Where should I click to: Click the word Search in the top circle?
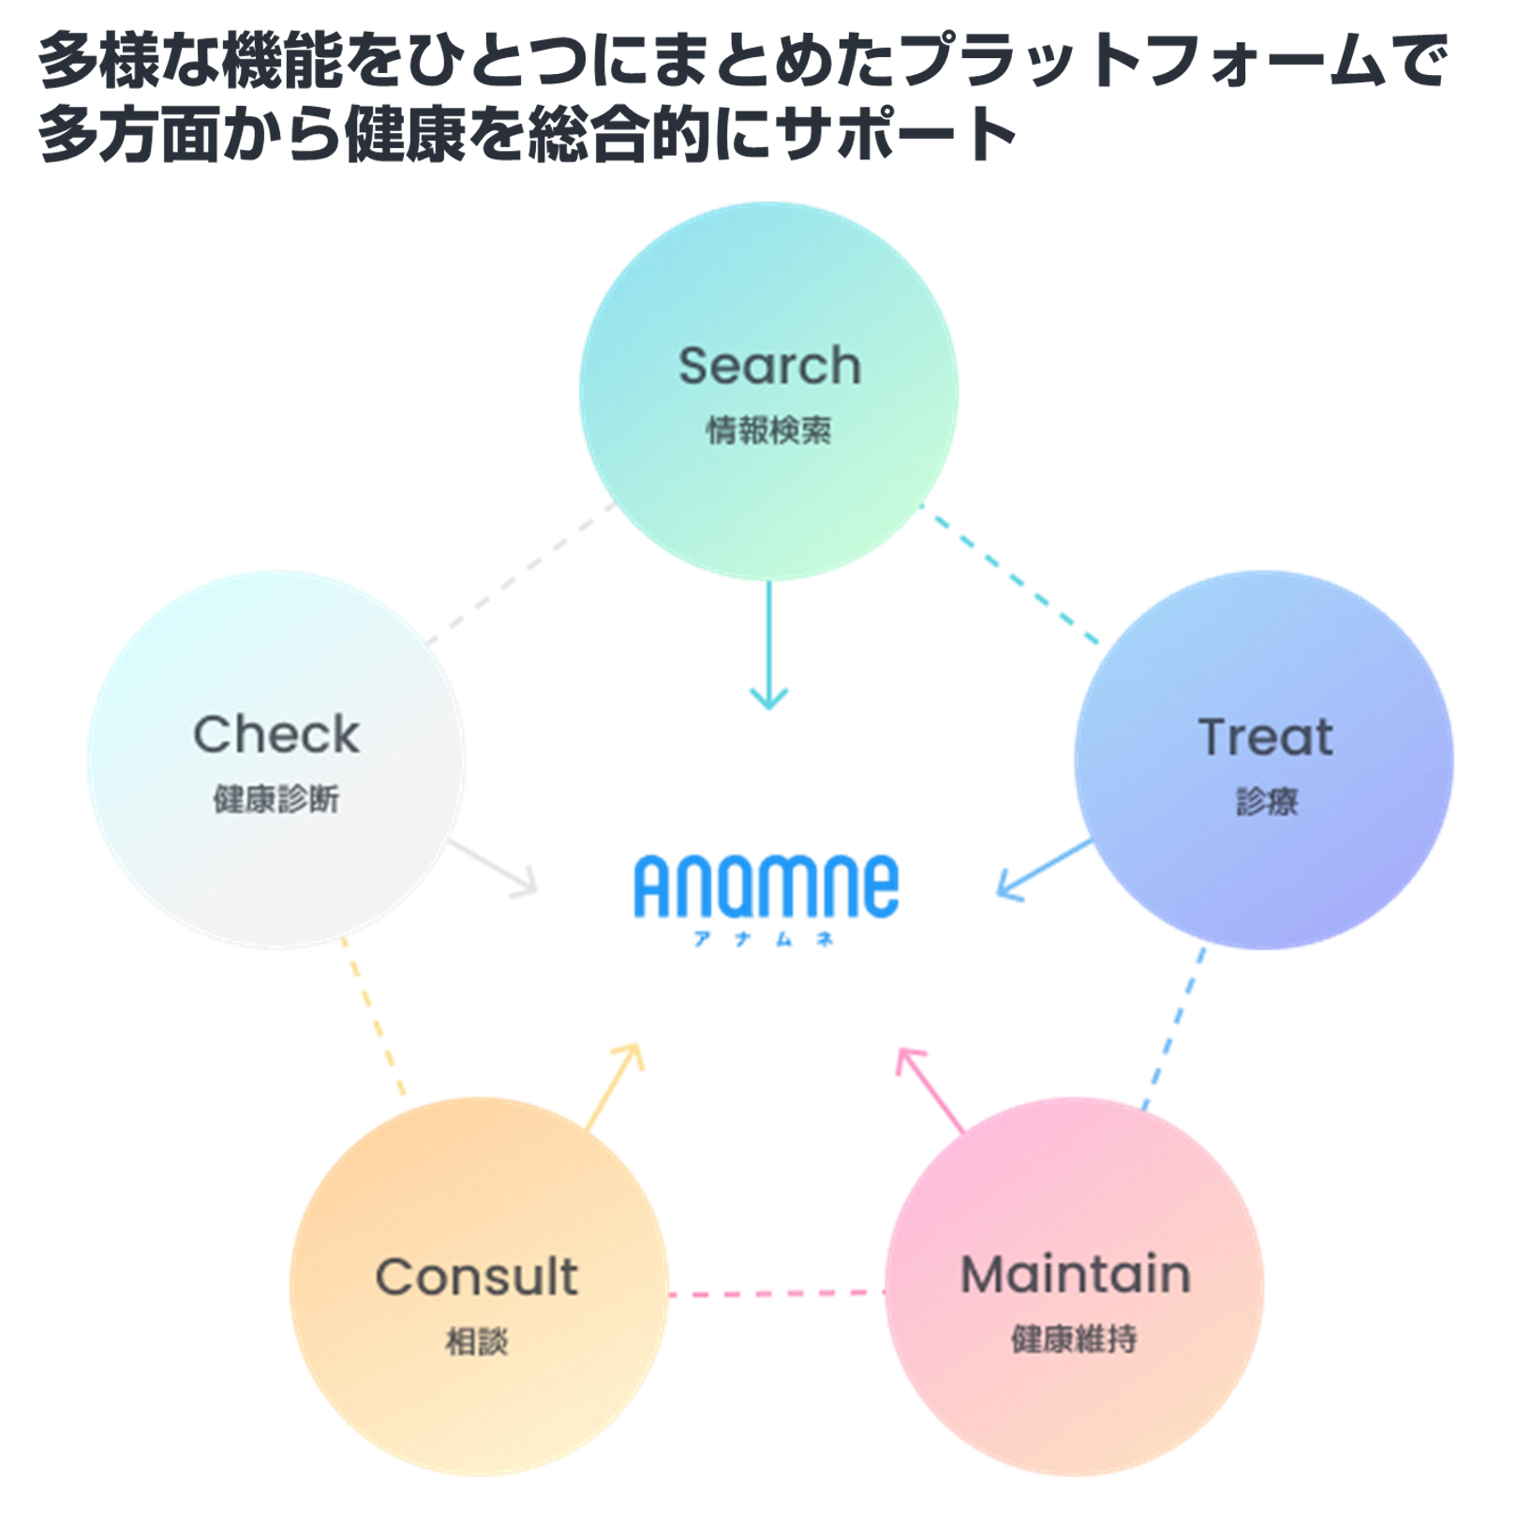(x=769, y=366)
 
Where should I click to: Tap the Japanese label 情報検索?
(x=768, y=430)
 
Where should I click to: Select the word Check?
(x=276, y=734)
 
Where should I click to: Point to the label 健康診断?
(x=276, y=799)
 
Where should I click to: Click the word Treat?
(x=1265, y=737)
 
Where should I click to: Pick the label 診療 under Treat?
(x=1267, y=801)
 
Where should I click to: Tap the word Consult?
(x=477, y=1277)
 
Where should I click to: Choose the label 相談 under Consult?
(x=477, y=1341)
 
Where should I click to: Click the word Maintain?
(x=1076, y=1275)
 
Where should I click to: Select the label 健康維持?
(x=1075, y=1339)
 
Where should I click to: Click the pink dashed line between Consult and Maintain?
(x=777, y=1294)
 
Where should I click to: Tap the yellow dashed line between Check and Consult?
(x=375, y=1020)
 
